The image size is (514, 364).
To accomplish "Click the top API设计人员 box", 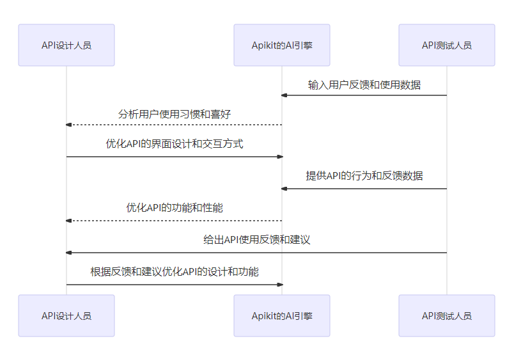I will click(x=66, y=45).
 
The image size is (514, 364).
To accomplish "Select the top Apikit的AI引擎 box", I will click(x=282, y=45).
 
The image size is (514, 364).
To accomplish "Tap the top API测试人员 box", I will click(x=447, y=45).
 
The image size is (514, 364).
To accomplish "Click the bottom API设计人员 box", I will click(x=66, y=315).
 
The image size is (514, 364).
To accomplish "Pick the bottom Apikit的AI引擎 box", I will click(x=282, y=315).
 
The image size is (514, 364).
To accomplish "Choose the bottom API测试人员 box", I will click(x=447, y=315).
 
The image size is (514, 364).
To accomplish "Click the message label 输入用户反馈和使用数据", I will click(x=364, y=84).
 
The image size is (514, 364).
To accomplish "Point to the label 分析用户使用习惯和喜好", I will click(x=175, y=115).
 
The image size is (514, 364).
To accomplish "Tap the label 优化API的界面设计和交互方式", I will click(x=175, y=144).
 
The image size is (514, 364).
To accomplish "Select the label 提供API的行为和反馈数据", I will click(x=364, y=176).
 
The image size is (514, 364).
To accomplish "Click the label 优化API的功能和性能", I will click(x=175, y=208).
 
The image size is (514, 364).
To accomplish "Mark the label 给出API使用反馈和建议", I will click(x=257, y=240).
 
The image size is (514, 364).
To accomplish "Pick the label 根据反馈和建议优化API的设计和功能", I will click(x=175, y=272).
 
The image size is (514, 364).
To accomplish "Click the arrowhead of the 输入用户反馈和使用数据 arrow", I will click(x=284, y=95).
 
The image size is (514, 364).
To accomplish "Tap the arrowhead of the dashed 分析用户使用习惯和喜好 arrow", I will click(x=69, y=125).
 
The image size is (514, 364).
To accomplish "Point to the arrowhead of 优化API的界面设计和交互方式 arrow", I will click(x=279, y=157).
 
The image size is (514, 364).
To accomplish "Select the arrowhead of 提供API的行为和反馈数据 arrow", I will click(x=284, y=189).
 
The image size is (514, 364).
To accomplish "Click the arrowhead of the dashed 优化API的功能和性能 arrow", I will click(x=69, y=221).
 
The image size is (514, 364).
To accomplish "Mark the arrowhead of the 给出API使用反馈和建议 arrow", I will click(x=69, y=253).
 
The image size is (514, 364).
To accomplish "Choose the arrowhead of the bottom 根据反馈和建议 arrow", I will click(x=279, y=285).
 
